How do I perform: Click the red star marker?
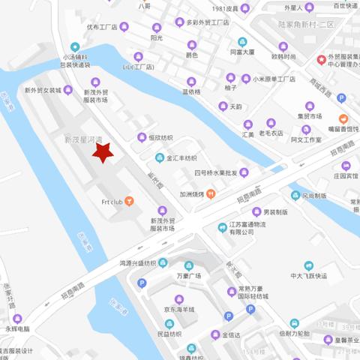pos(102,152)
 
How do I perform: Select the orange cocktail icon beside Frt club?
pos(130,201)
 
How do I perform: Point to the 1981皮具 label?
pos(224,9)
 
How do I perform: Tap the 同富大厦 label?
pos(243,52)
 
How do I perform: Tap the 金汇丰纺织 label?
pos(181,158)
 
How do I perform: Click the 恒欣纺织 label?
pos(160,137)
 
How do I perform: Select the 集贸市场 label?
pos(310,115)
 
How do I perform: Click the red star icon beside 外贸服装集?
pos(322,59)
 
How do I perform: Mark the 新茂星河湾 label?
pos(83,140)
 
